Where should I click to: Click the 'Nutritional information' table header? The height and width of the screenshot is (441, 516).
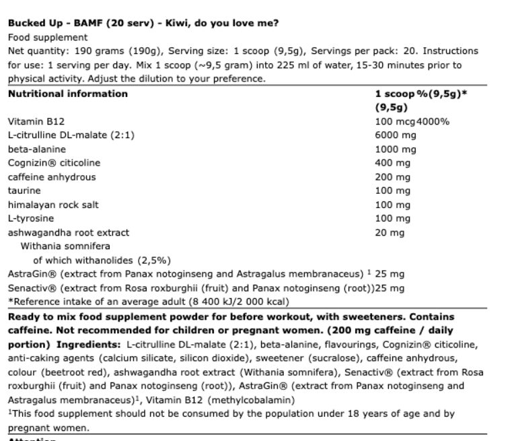[68, 94]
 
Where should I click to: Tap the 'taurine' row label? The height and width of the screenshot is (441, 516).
[22, 191]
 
